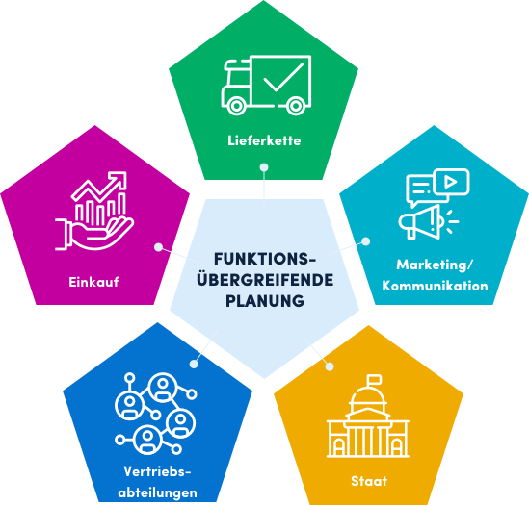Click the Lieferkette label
[264, 140]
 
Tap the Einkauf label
[93, 282]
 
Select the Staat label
[369, 481]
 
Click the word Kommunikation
[435, 286]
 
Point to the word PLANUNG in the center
[265, 301]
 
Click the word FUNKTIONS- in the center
[265, 259]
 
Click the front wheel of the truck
[236, 106]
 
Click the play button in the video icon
[450, 182]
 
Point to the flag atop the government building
[374, 380]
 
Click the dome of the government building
[368, 396]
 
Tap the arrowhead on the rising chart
[119, 180]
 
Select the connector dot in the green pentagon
[264, 167]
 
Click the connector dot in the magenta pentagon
[158, 247]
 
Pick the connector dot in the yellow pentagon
[330, 366]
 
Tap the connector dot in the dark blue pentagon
[194, 364]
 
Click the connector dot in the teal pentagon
[366, 241]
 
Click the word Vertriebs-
[158, 471]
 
